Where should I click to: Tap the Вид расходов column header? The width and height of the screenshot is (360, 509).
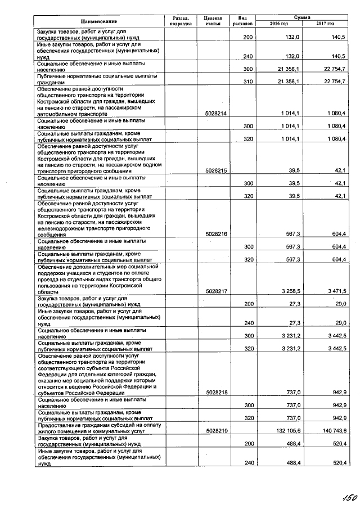[x=243, y=21]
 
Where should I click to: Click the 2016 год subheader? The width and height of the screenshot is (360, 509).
[x=279, y=24]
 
